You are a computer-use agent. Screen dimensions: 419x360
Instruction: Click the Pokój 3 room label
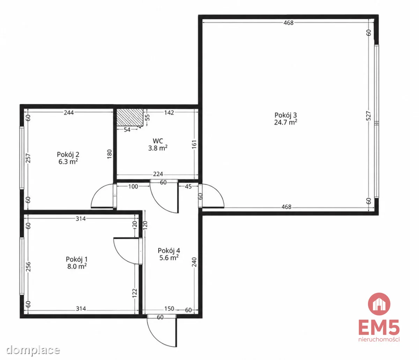click(x=285, y=115)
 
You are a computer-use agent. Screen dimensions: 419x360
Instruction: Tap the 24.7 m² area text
click(x=285, y=123)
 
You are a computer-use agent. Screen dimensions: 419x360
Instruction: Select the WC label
click(x=158, y=141)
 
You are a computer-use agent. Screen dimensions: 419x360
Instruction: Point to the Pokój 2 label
click(x=68, y=154)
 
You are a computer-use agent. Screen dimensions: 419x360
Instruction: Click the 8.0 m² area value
click(x=77, y=266)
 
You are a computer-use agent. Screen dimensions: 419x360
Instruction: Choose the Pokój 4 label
click(x=169, y=251)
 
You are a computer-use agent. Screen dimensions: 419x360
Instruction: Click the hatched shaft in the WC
click(x=130, y=117)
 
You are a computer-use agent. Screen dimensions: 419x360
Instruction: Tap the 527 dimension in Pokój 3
click(x=368, y=116)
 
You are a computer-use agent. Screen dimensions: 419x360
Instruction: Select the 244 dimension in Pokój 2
click(x=69, y=112)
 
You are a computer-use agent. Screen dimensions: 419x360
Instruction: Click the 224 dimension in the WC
click(x=158, y=174)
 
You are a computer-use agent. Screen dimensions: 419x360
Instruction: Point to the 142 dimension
click(x=169, y=112)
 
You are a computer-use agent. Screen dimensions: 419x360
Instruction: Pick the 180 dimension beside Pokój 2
click(x=109, y=154)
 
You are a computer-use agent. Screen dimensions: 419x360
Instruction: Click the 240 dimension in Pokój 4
click(x=194, y=262)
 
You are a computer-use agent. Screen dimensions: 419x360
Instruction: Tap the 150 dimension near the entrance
click(x=169, y=309)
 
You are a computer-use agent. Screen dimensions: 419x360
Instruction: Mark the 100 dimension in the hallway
click(x=133, y=186)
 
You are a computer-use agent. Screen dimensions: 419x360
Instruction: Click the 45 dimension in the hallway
click(x=188, y=186)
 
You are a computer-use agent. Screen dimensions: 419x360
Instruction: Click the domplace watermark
click(x=33, y=350)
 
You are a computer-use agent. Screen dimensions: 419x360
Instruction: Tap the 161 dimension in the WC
click(x=194, y=145)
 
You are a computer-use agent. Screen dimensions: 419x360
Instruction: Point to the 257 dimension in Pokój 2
click(x=28, y=158)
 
